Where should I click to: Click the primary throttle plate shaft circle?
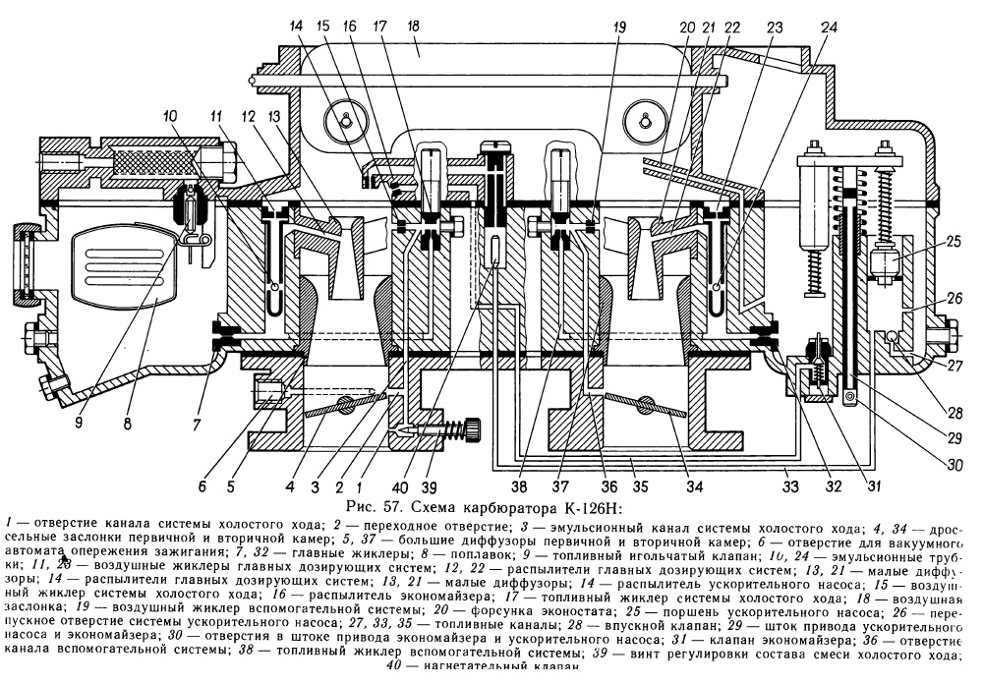click(344, 402)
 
